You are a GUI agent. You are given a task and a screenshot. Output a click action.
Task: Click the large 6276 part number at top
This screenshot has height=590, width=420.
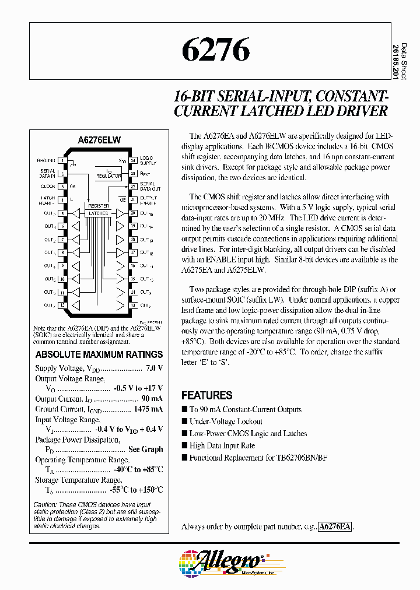point(216,51)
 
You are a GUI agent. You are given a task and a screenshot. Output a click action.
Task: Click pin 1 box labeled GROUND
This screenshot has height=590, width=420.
point(61,160)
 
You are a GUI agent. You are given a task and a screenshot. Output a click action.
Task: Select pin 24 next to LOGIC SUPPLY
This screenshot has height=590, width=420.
point(133,160)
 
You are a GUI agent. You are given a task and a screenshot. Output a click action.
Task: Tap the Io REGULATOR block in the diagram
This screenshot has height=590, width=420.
point(109,173)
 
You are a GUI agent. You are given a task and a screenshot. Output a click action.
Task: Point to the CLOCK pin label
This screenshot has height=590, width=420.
point(48,187)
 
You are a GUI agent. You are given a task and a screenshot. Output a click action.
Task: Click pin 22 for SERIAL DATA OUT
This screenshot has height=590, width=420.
point(133,187)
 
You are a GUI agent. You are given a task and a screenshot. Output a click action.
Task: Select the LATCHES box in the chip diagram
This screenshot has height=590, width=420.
point(97,214)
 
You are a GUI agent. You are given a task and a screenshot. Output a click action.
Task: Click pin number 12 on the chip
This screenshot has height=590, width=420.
point(61,304)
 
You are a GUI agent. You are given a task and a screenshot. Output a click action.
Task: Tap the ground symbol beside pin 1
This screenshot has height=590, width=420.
point(73,164)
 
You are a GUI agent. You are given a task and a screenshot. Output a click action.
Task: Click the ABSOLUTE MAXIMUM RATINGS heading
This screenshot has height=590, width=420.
point(99,354)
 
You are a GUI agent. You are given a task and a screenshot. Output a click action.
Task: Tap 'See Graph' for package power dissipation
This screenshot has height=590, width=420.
point(145,449)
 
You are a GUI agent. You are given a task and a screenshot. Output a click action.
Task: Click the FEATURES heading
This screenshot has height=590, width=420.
point(206,395)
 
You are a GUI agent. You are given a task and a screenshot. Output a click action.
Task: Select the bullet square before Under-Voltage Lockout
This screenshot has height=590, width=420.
point(184,421)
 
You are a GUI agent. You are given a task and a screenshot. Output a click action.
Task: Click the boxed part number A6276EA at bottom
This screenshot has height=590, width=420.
point(335,526)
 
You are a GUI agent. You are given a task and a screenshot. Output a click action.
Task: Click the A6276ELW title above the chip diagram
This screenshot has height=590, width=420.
point(99,140)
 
